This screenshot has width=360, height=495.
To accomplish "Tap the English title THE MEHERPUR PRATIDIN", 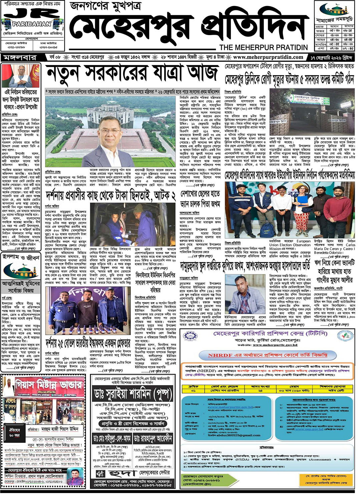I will (263, 47).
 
